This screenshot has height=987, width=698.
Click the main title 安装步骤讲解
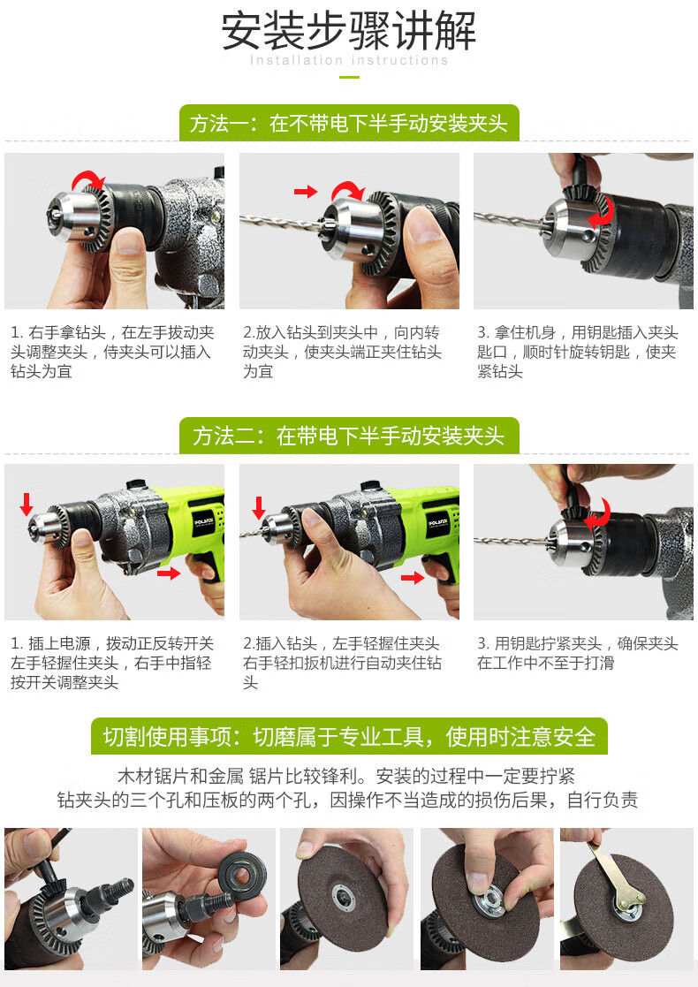349,31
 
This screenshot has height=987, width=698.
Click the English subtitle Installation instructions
349,61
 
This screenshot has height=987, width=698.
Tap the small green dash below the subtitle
349,78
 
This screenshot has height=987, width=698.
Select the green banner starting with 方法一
349,123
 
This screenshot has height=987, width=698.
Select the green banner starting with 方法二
349,436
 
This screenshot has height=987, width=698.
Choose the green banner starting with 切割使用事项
349,736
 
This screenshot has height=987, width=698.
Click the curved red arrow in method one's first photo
88,181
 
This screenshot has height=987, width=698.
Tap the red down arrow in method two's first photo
27,505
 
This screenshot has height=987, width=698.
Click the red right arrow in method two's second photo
412,578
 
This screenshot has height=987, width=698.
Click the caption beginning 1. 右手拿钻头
112,352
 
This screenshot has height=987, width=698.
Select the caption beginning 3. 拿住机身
578,352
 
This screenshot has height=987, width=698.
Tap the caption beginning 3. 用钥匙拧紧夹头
578,653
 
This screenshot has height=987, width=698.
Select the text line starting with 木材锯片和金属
349,776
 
